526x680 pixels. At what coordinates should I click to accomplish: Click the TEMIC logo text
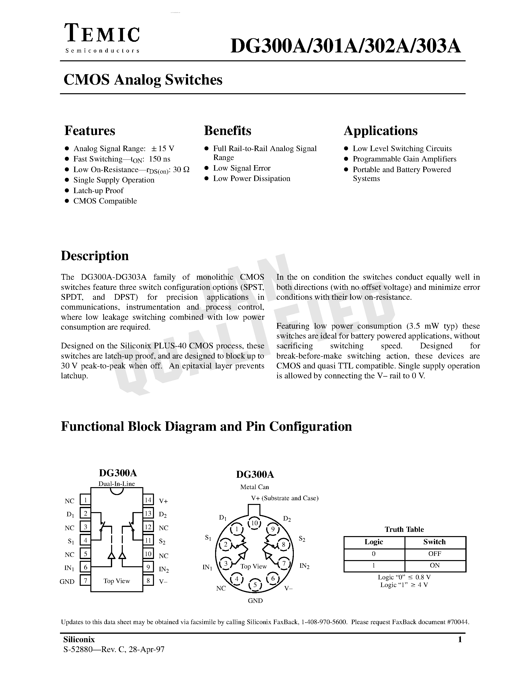pos(102,34)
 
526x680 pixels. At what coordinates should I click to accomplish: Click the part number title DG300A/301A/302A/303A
pos(345,47)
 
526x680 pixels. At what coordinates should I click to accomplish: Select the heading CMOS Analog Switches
pos(143,80)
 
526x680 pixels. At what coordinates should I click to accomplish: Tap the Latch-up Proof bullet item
pos(98,191)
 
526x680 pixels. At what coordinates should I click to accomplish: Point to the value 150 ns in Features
pos(160,159)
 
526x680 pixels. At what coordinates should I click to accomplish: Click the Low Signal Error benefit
pos(242,168)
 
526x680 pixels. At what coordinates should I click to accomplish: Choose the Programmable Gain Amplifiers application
pos(404,159)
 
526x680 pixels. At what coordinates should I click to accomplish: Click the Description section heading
pos(95,256)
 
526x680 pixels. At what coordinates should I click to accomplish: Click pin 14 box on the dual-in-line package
pos(148,500)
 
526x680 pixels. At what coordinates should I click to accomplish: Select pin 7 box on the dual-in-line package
pos(85,580)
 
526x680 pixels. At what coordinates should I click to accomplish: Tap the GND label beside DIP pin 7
pos(67,582)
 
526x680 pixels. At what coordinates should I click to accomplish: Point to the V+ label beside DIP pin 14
pos(163,501)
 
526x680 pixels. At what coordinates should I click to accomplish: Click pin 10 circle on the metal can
pos(255,523)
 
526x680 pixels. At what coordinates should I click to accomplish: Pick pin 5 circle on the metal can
pos(255,585)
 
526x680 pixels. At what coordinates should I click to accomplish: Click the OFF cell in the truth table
pos(434,554)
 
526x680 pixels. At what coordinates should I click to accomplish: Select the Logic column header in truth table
pos(374,542)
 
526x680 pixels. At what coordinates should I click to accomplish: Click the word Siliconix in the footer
pos(79,639)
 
